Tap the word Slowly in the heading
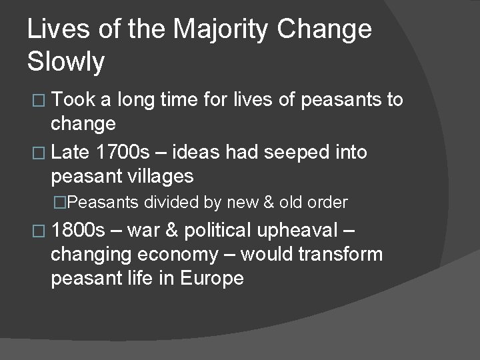tap(66, 61)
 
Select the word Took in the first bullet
tap(75, 100)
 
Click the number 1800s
tap(78, 231)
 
